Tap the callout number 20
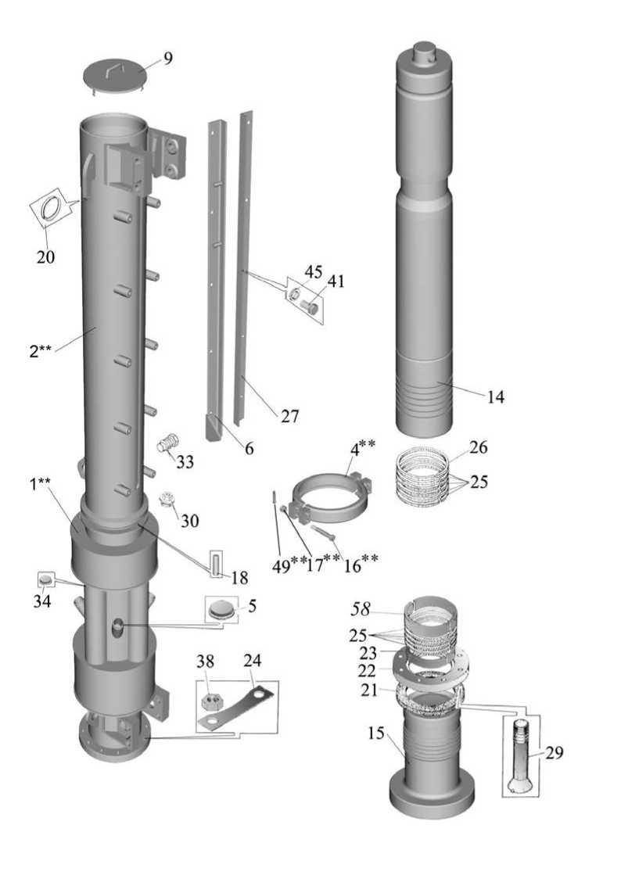pyautogui.click(x=45, y=257)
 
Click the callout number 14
pyautogui.click(x=496, y=397)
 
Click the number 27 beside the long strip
pyautogui.click(x=289, y=416)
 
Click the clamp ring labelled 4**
pyautogui.click(x=329, y=500)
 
